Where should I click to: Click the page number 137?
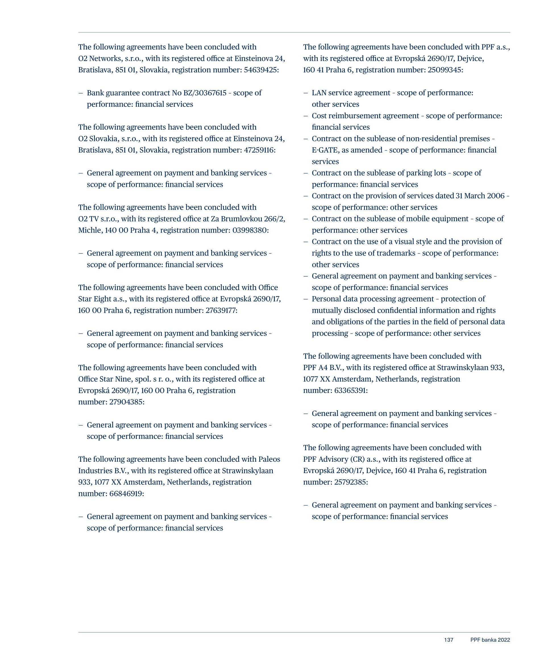[449, 640]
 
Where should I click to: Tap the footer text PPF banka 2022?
[490, 640]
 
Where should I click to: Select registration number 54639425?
[261, 70]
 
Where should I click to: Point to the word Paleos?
[269, 459]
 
